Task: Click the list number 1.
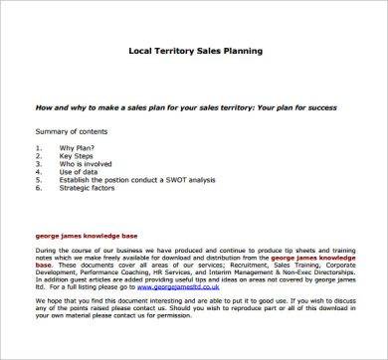coord(37,149)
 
